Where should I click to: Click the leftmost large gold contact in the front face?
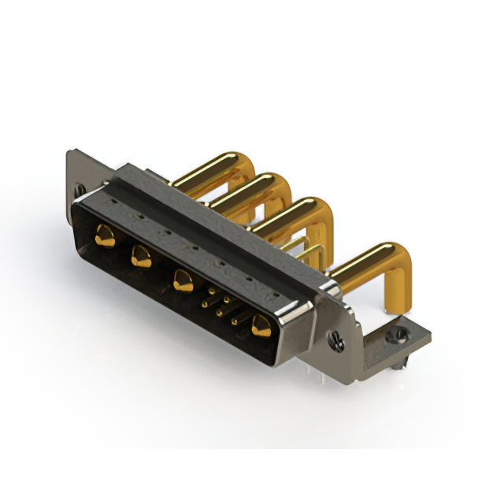tap(104, 235)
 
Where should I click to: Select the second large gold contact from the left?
tap(142, 257)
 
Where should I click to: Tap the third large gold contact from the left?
tap(183, 281)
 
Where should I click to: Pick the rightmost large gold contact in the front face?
tap(261, 326)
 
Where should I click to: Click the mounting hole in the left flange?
tap(79, 190)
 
